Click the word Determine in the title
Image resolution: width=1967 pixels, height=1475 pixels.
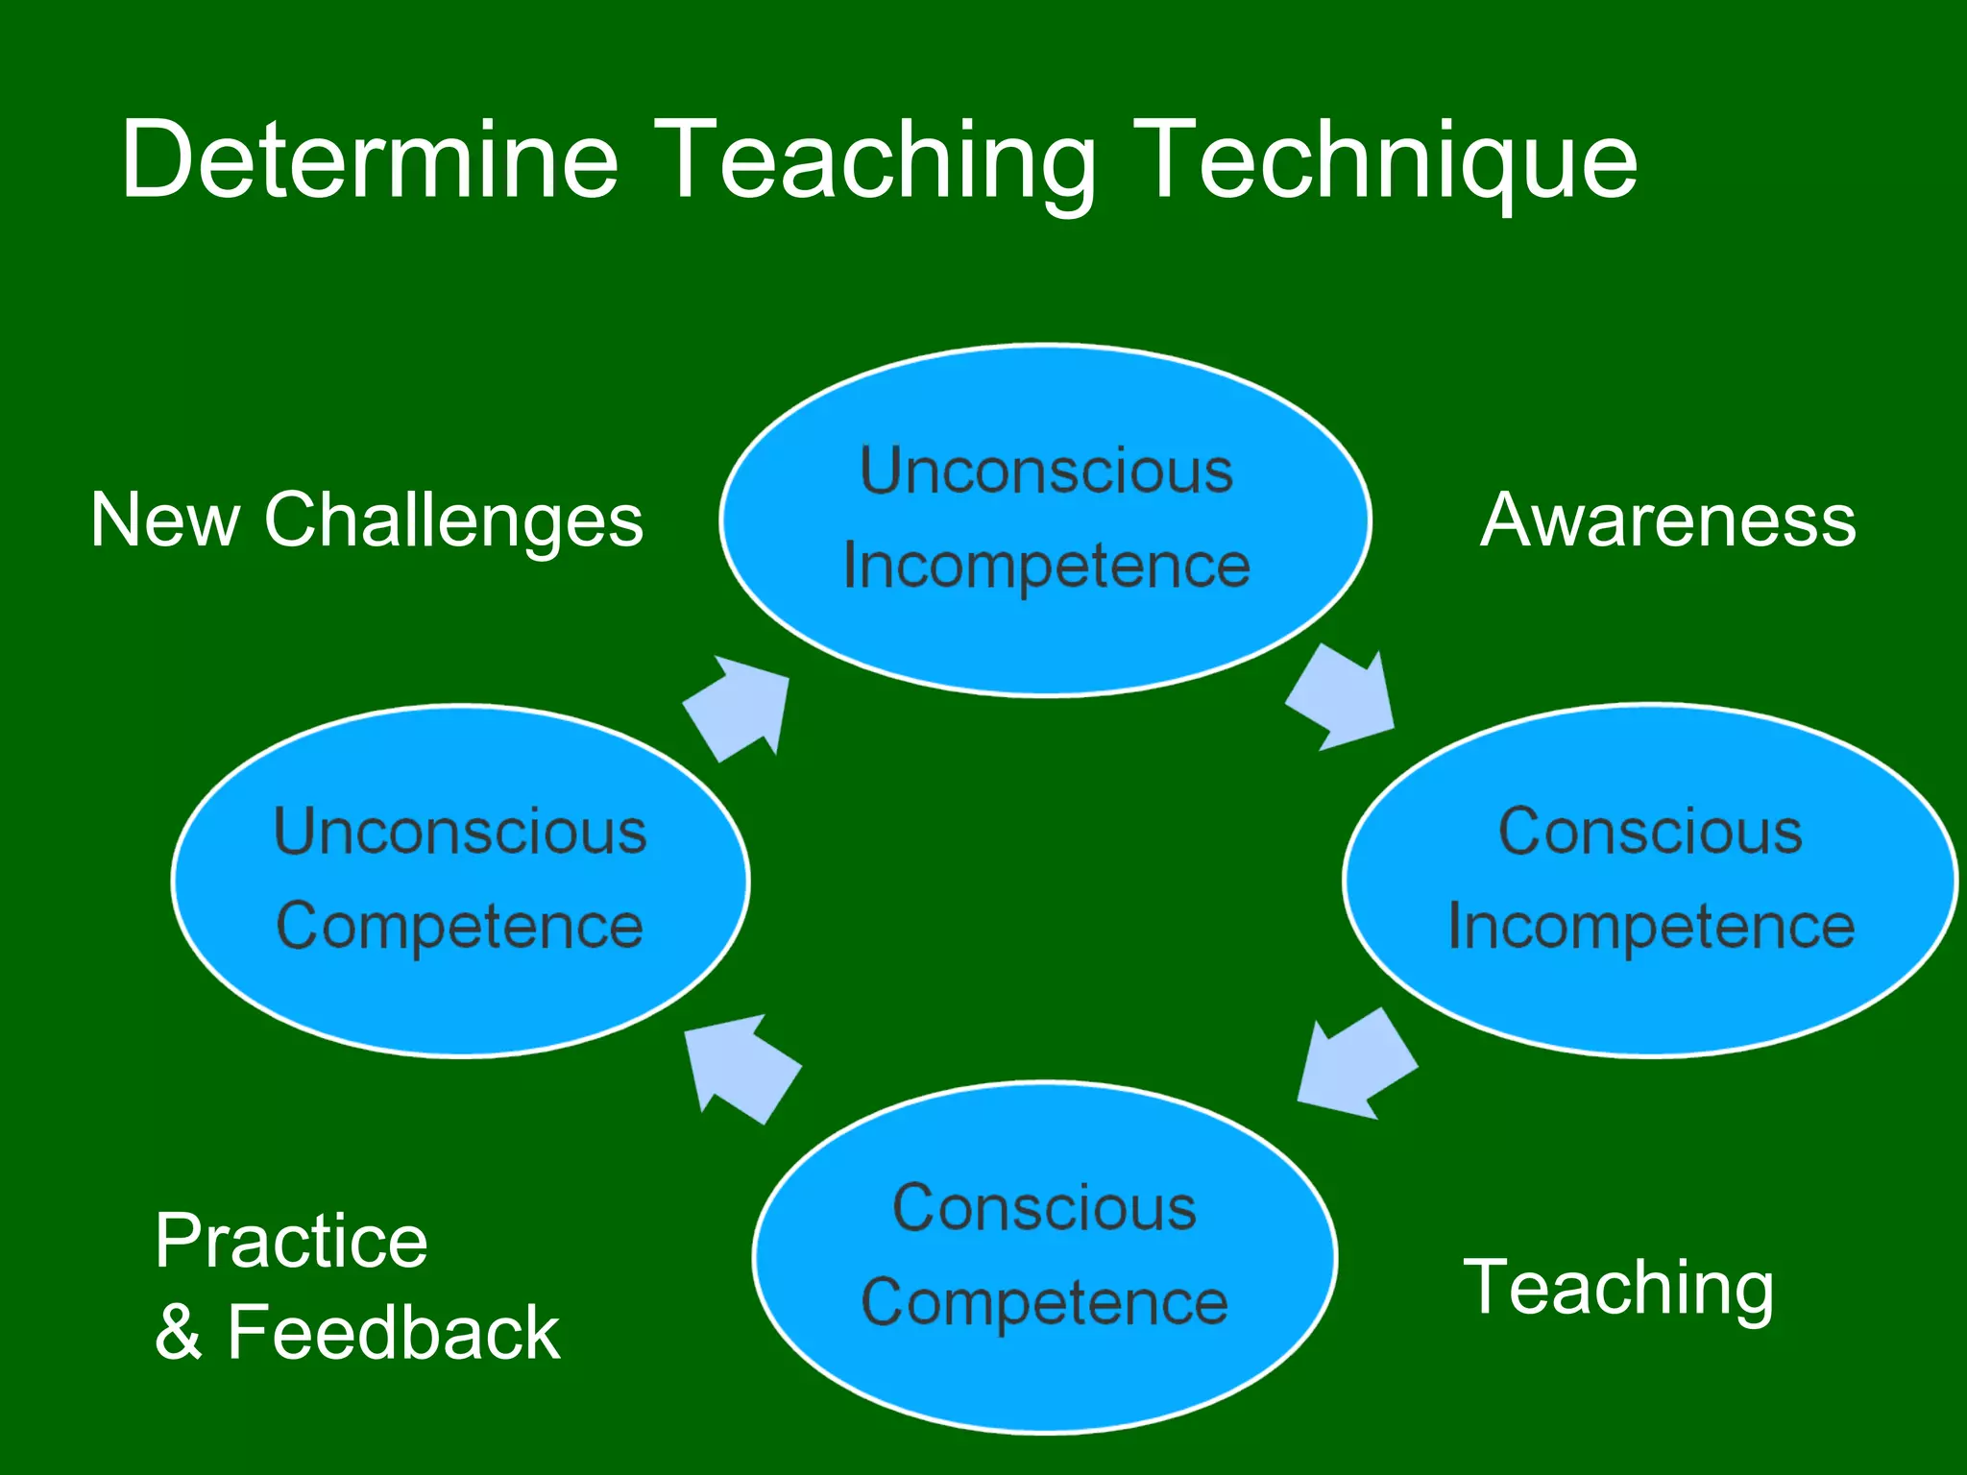[370, 159]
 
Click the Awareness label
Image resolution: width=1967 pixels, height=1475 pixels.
[1668, 520]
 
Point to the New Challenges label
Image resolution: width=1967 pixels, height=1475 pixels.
[367, 520]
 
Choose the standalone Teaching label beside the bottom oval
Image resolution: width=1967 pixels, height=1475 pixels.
[1618, 1288]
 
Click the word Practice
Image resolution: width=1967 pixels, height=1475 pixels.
[291, 1242]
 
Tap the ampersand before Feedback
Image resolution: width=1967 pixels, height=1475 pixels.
[180, 1333]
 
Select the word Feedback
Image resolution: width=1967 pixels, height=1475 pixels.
[393, 1333]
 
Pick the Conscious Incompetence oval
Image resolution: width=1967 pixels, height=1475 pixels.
[1650, 999]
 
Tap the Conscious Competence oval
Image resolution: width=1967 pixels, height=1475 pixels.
[1045, 1383]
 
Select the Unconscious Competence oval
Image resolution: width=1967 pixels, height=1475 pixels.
[461, 999]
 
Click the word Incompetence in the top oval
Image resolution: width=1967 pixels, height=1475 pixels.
[1047, 567]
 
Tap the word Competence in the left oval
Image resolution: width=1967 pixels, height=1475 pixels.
[460, 928]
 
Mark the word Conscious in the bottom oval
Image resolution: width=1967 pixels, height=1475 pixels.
[1045, 1208]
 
